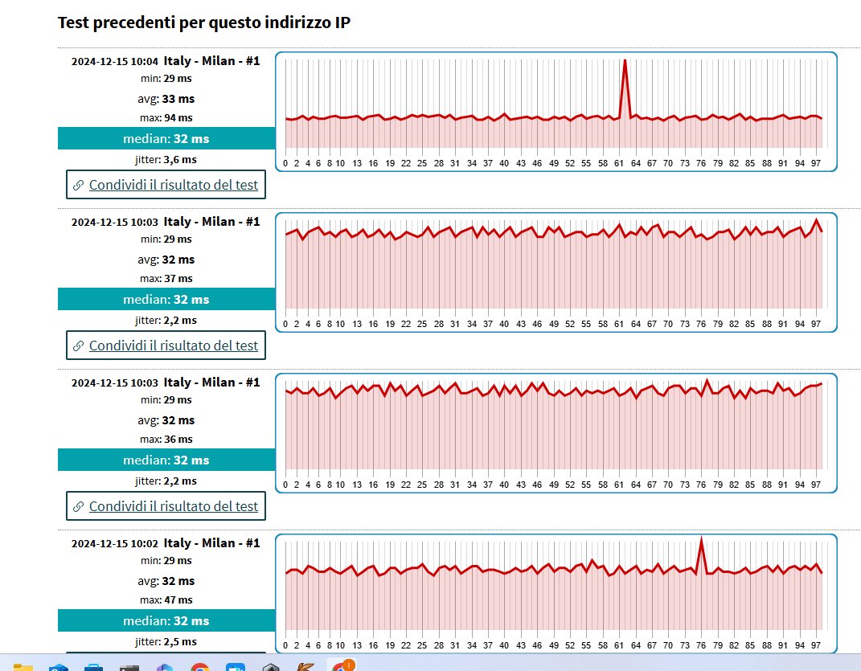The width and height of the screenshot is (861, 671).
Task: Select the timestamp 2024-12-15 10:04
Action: click(115, 61)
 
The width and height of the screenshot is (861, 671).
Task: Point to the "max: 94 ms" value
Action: click(166, 118)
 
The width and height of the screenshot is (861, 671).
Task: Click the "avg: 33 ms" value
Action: click(166, 99)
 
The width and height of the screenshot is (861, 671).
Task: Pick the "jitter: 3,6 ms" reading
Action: click(166, 159)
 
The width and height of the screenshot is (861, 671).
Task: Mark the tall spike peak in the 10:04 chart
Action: click(625, 60)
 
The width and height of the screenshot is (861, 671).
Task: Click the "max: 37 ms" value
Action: click(166, 279)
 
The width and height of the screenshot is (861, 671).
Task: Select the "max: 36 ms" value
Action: click(166, 440)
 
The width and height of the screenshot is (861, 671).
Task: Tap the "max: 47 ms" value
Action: click(166, 600)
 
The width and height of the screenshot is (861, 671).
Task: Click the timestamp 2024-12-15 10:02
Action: click(115, 543)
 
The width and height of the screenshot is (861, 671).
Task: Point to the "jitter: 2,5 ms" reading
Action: click(166, 641)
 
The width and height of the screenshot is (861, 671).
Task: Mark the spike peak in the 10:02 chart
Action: click(702, 538)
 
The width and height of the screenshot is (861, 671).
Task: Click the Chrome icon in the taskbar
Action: click(200, 666)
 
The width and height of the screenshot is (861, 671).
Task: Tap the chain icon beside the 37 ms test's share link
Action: click(78, 346)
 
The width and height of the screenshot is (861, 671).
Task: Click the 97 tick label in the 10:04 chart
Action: click(815, 163)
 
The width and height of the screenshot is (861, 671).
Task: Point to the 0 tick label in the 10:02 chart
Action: click(285, 645)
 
